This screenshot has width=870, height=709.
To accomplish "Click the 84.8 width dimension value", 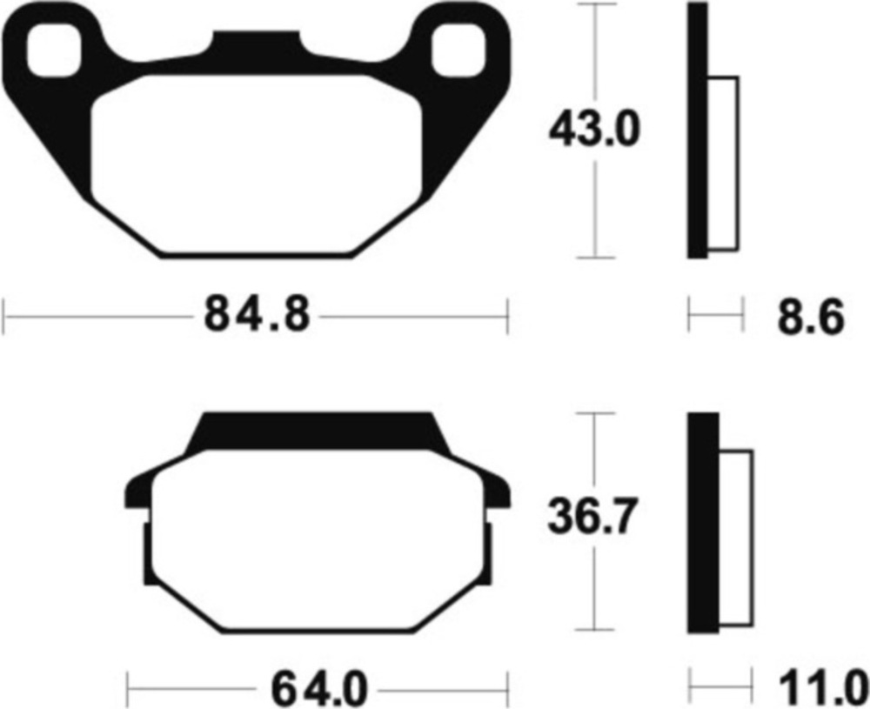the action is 257,315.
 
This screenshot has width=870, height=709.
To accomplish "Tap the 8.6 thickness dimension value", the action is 811,318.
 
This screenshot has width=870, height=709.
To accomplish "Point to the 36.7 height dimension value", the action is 592,517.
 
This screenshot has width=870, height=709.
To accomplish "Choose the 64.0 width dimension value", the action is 319,689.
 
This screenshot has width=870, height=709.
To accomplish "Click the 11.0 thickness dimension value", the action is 823,688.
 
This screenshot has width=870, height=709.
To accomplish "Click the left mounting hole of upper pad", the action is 54,50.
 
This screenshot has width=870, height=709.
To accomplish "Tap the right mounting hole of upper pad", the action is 458,50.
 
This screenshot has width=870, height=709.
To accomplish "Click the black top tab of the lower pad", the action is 318,431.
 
